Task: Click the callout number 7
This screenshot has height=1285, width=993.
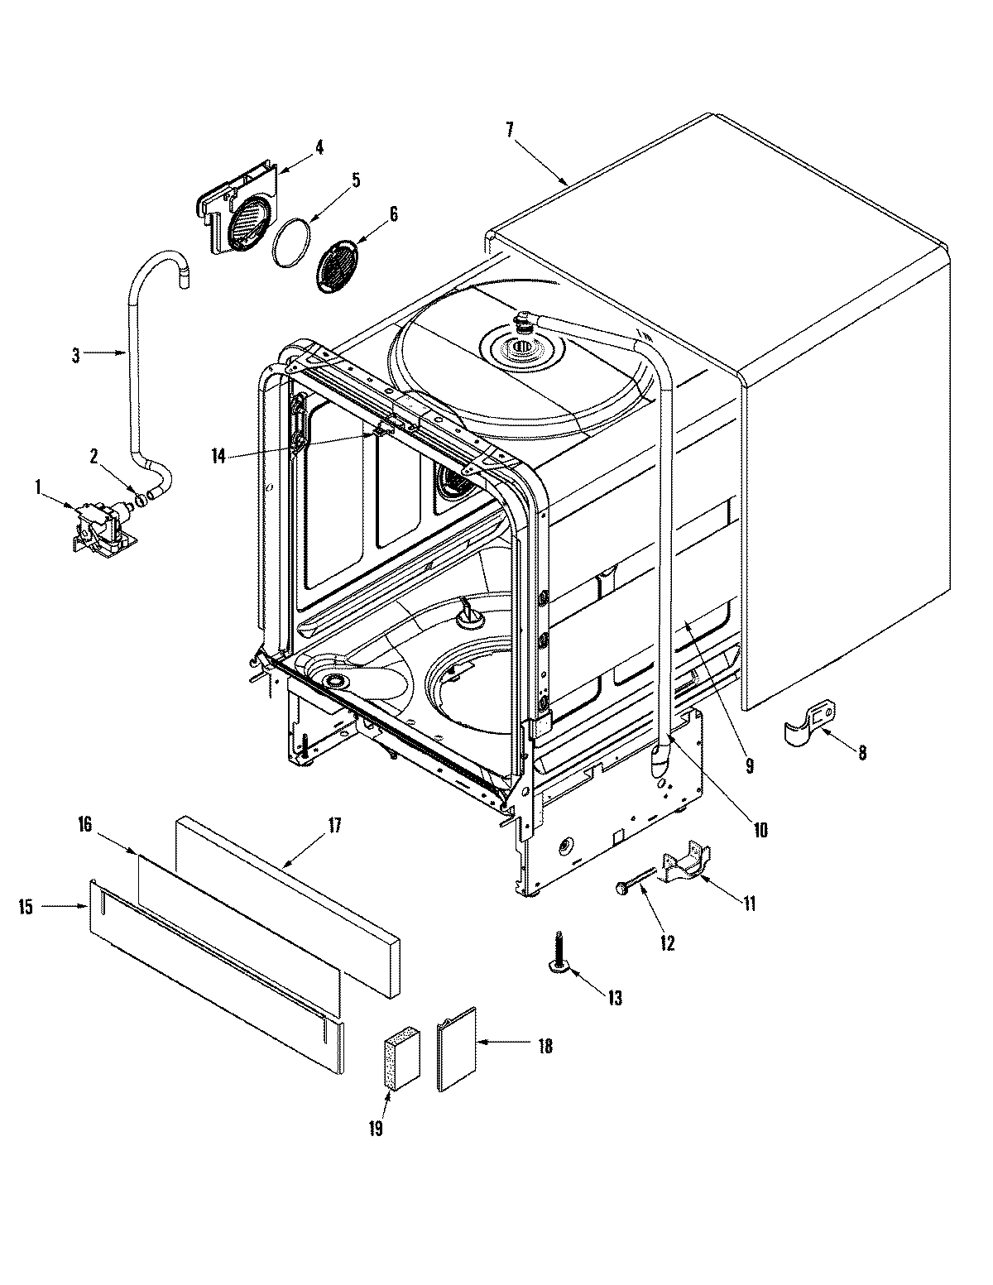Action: (510, 129)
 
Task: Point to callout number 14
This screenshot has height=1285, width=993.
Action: (218, 456)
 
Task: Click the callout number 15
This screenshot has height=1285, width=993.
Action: (26, 908)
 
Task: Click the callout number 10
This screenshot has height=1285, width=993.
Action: (760, 829)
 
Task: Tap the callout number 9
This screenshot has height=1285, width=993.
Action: (749, 766)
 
